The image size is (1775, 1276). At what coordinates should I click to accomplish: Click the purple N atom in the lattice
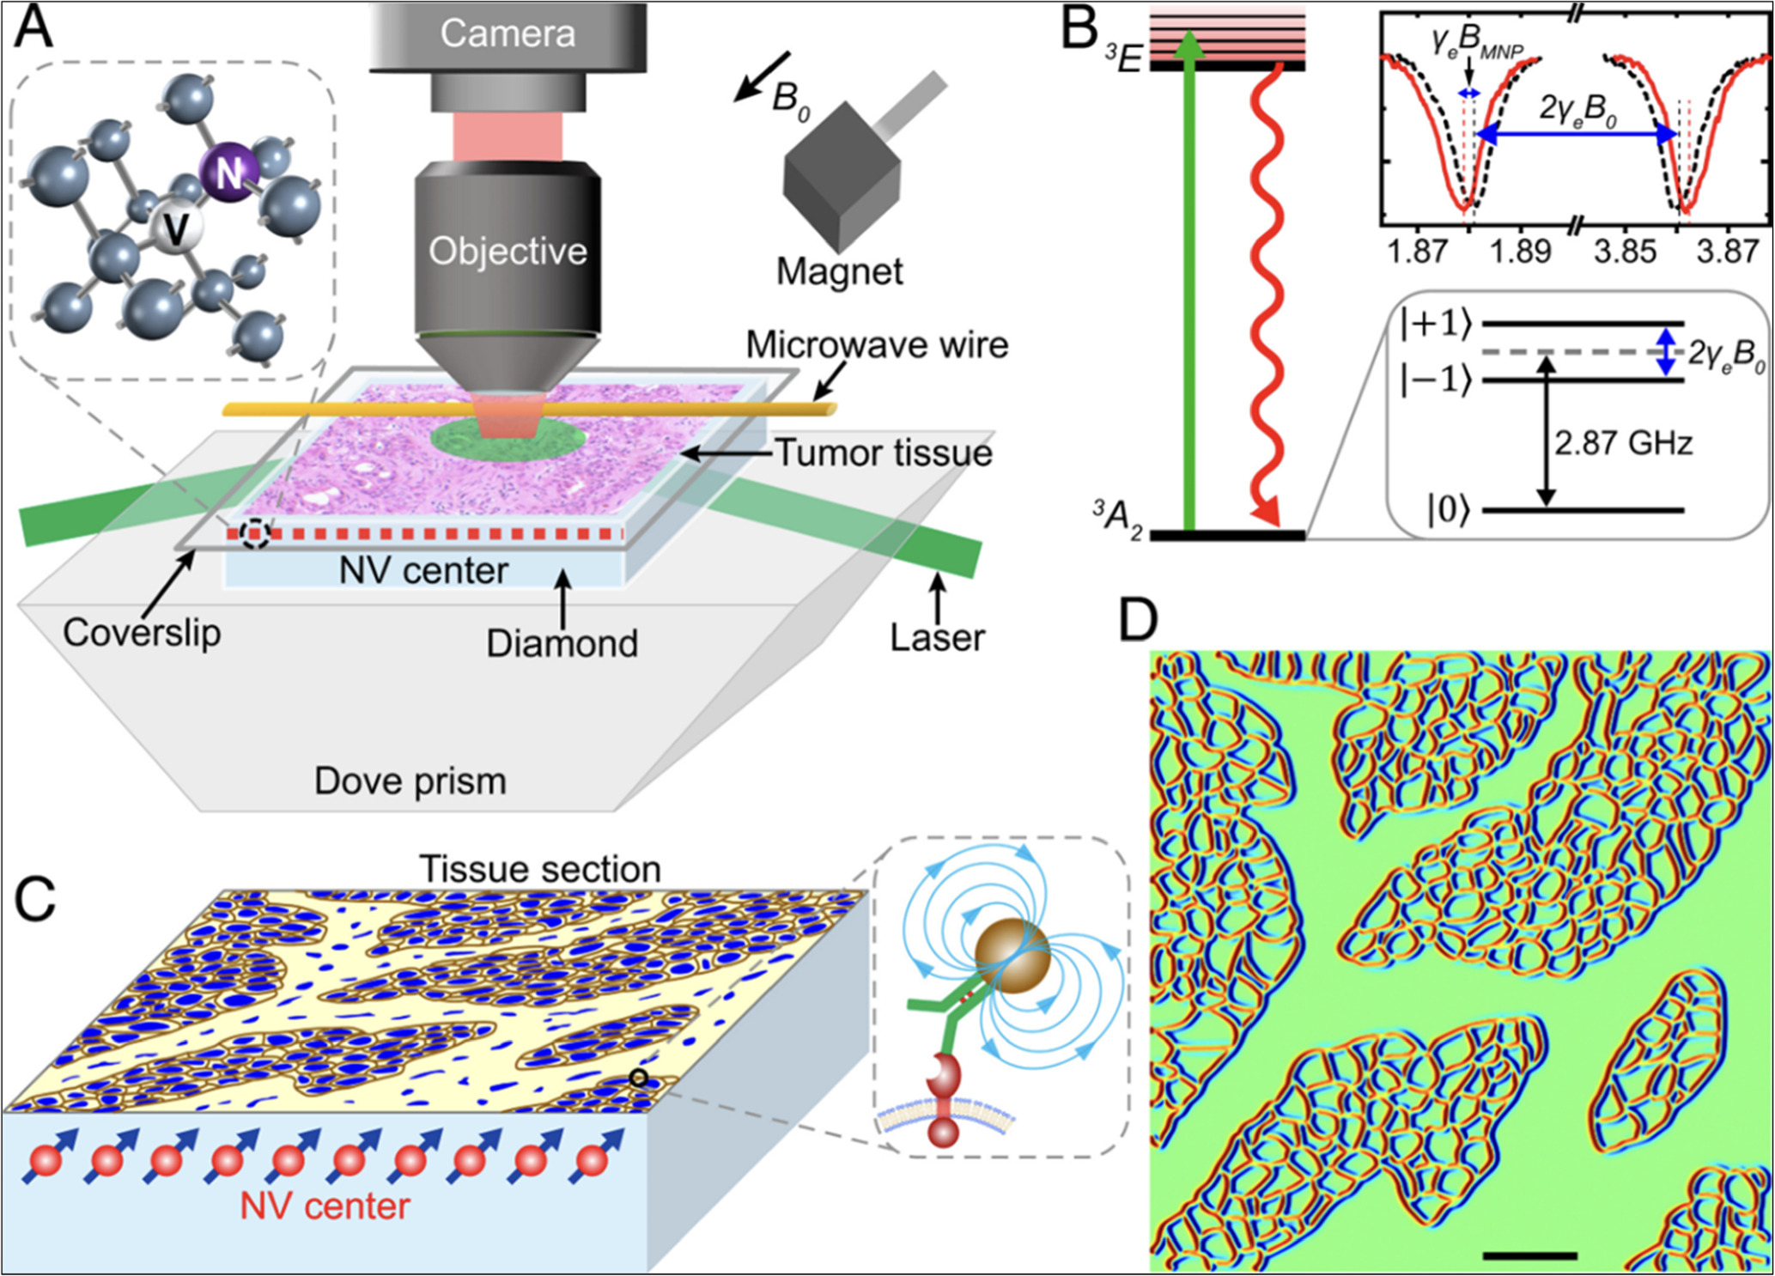228,173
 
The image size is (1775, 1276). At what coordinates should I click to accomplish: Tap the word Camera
508,33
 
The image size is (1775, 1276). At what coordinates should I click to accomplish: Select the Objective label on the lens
508,251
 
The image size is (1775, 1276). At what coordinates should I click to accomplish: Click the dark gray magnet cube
841,176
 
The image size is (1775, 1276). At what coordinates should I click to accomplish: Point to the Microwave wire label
877,344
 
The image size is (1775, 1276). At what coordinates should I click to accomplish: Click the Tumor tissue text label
884,453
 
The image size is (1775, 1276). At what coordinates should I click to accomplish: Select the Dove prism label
410,781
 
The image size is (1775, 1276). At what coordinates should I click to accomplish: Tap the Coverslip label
142,633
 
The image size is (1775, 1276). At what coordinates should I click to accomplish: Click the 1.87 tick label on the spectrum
1416,252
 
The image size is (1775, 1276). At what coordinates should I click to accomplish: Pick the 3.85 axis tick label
1624,252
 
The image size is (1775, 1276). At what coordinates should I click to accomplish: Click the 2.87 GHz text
1623,443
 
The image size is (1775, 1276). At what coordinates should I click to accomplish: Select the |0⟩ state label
1449,510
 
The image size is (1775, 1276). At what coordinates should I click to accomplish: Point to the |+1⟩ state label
1436,324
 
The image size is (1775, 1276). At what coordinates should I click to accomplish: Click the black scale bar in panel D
1529,1255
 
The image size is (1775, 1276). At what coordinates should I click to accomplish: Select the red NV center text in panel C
325,1206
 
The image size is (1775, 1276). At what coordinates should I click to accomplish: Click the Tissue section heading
540,869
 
